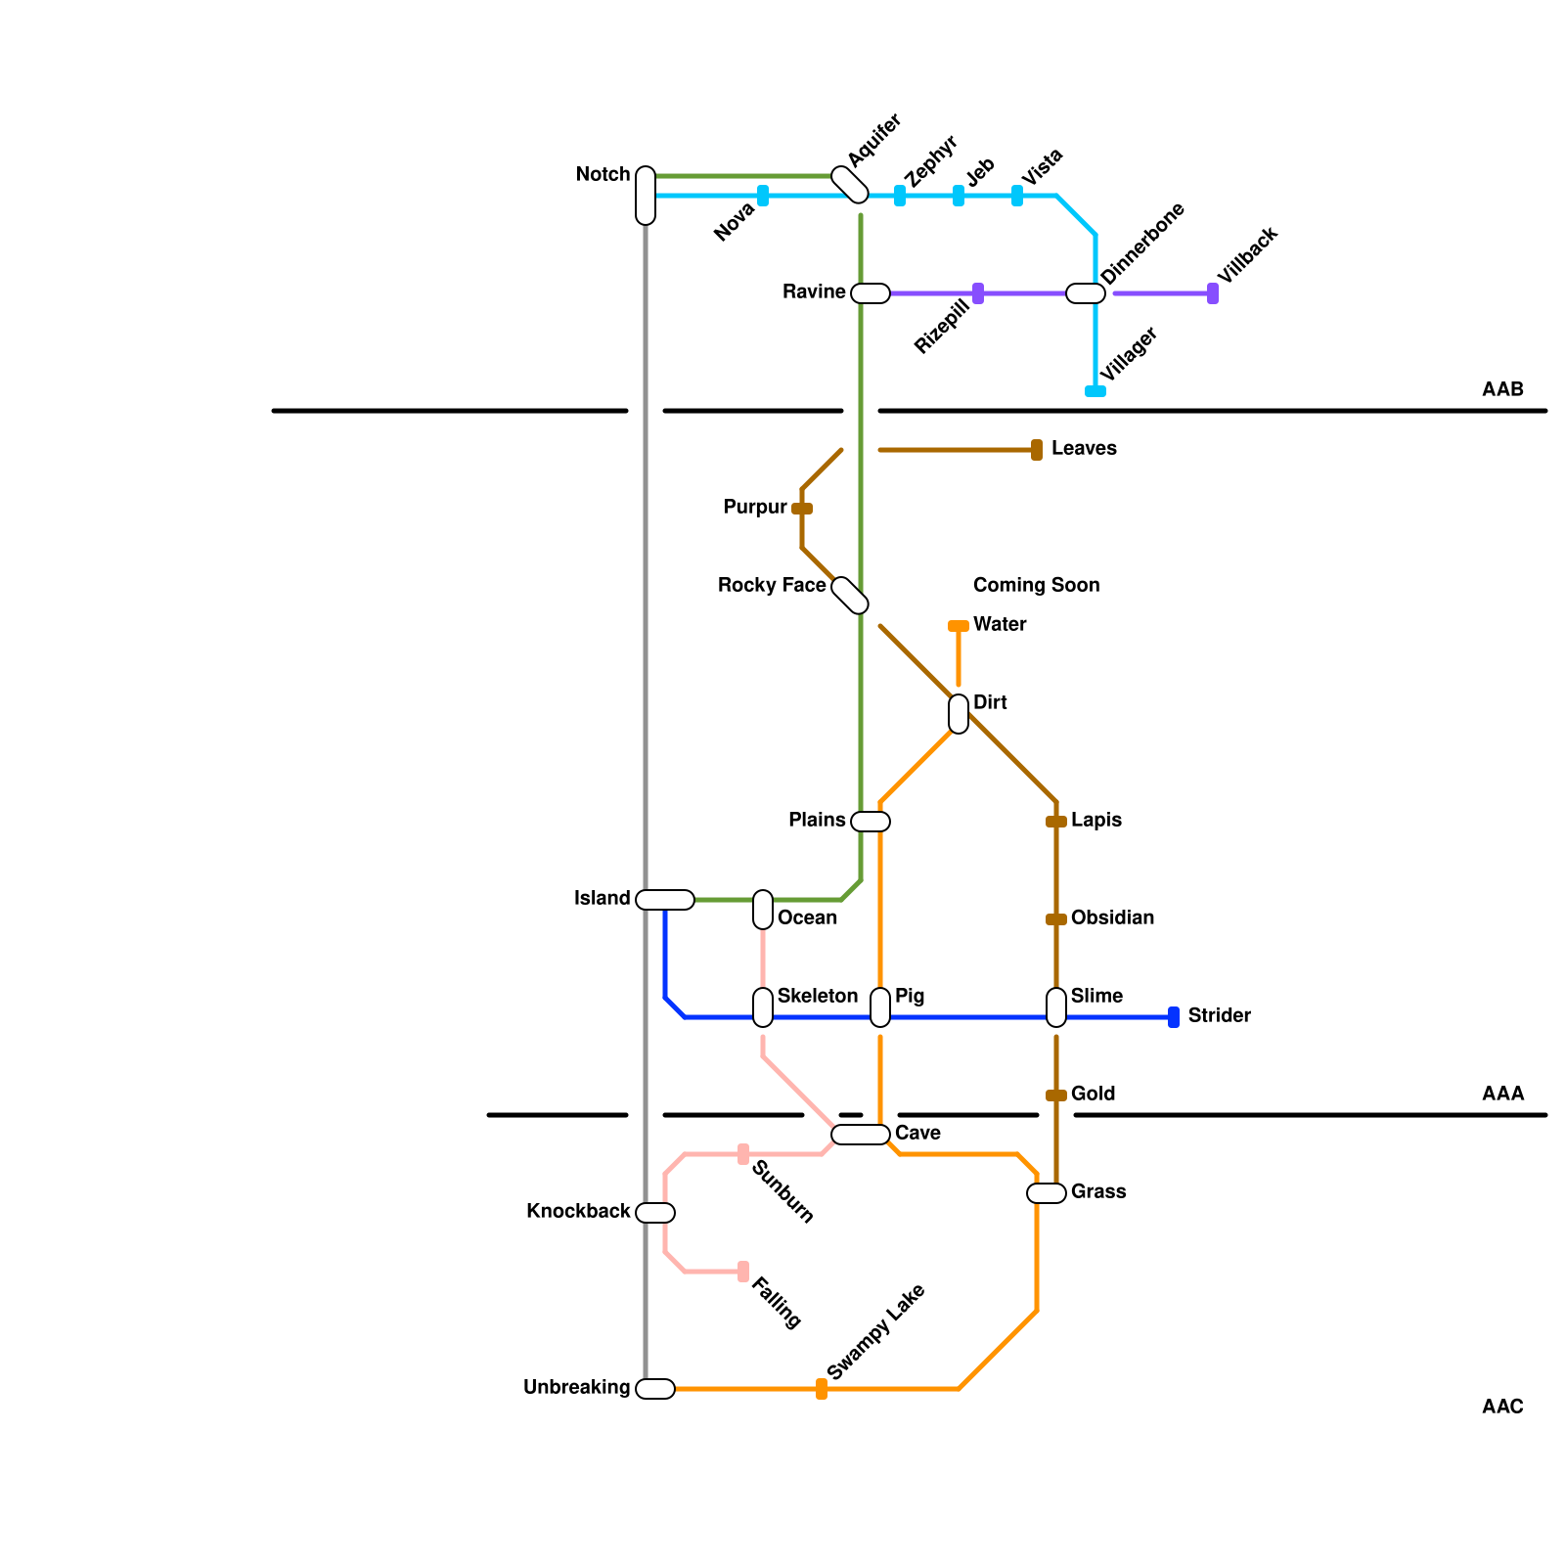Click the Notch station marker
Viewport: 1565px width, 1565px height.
pos(646,196)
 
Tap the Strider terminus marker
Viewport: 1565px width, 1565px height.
pos(1174,1017)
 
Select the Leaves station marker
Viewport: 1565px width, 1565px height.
pos(1037,450)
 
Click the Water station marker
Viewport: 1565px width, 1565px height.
pos(959,626)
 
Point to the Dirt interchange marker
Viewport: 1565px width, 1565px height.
pos(959,714)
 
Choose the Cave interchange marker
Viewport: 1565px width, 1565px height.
pos(861,1135)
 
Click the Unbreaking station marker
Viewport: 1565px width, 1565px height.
pos(655,1389)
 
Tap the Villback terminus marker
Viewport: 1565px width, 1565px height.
pos(1213,293)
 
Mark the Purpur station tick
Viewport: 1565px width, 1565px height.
pos(802,509)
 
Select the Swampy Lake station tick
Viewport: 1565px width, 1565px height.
pos(822,1389)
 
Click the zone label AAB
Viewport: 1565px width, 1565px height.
pos(1502,390)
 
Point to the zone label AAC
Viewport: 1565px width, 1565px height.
pos(1502,1408)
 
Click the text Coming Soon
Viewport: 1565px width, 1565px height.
pos(1036,586)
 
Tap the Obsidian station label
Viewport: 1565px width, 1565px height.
pos(1112,918)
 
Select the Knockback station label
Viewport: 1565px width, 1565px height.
pos(578,1212)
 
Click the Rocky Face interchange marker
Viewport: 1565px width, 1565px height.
pos(850,596)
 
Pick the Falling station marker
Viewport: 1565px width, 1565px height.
pos(743,1272)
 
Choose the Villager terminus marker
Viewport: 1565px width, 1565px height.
pos(1095,391)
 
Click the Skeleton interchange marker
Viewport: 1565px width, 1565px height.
pos(763,1007)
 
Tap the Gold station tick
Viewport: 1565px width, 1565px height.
pos(1056,1095)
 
